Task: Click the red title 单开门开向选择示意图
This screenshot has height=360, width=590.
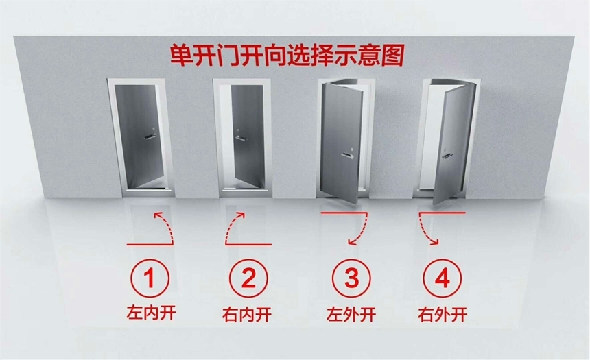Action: pyautogui.click(x=287, y=56)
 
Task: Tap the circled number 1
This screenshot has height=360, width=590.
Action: pyautogui.click(x=150, y=278)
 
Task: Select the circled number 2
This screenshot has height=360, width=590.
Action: pyautogui.click(x=249, y=278)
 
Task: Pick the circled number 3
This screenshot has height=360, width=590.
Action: pyautogui.click(x=351, y=278)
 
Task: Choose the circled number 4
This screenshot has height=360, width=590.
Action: pyautogui.click(x=442, y=278)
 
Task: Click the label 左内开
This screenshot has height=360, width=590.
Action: pyautogui.click(x=151, y=313)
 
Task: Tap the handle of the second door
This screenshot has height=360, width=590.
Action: pyautogui.click(x=241, y=138)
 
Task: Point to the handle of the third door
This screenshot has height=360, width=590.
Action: pyautogui.click(x=347, y=156)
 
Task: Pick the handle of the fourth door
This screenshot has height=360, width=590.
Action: pyautogui.click(x=447, y=156)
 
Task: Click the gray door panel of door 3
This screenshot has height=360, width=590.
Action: pyautogui.click(x=342, y=143)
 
